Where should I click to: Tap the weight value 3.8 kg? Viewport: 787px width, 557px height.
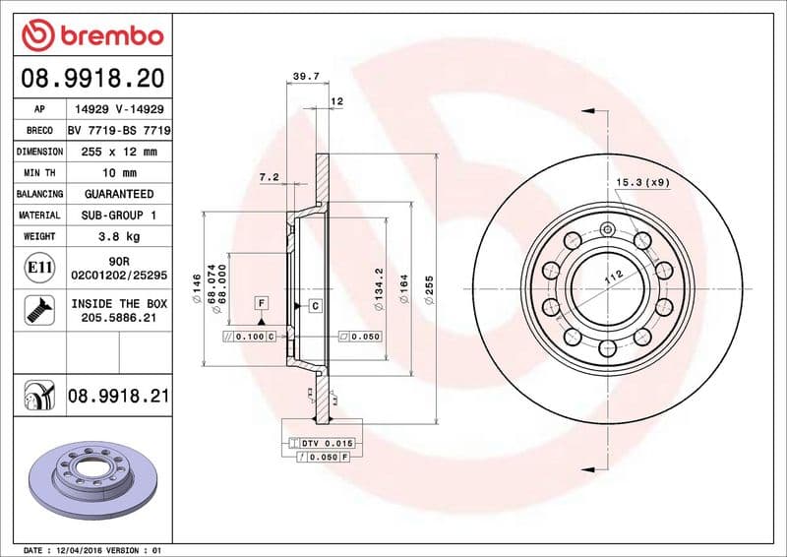point(119,236)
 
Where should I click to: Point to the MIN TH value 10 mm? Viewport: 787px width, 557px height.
point(119,173)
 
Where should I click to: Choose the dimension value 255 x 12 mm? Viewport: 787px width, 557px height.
point(119,152)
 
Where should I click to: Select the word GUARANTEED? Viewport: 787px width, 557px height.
point(119,194)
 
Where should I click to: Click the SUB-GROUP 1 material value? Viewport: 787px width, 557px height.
point(119,215)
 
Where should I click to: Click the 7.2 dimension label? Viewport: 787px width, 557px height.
point(270,177)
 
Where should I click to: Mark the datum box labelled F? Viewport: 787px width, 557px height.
point(262,303)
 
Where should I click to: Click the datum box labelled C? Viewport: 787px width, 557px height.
point(316,306)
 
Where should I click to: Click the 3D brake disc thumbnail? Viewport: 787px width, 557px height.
point(92,471)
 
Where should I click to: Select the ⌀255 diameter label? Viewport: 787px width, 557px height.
point(429,292)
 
